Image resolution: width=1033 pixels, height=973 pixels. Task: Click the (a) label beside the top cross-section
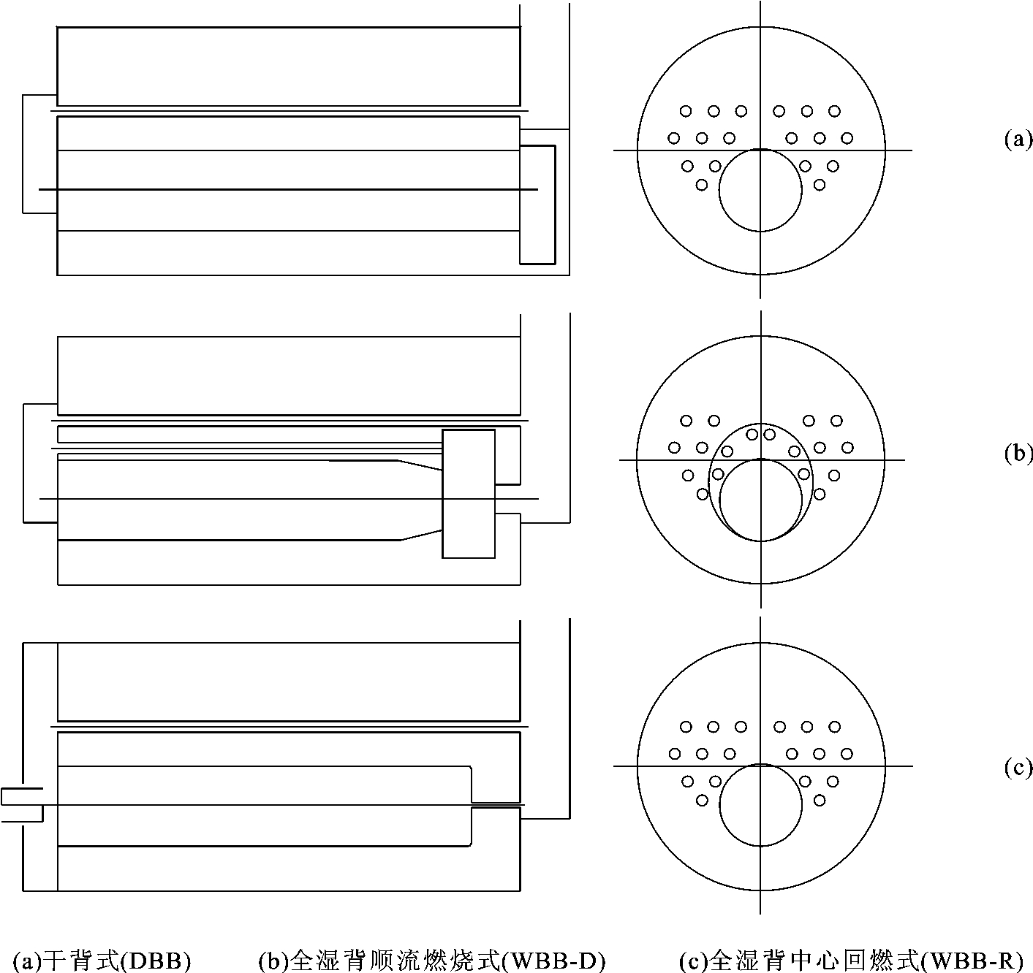(x=1018, y=140)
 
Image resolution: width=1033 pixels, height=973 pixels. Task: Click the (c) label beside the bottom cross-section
(x=1018, y=767)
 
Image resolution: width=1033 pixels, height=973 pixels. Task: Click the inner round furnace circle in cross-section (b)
(x=760, y=500)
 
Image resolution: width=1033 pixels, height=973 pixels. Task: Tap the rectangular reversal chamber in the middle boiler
(x=469, y=494)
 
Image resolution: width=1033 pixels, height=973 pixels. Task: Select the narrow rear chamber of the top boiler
(x=537, y=204)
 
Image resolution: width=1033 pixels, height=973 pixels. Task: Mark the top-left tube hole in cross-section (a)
(x=686, y=111)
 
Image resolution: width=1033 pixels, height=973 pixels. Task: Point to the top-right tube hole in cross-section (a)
(x=834, y=111)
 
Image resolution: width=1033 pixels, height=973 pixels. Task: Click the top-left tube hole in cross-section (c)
(x=686, y=727)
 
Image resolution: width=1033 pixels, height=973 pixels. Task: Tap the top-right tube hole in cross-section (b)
(x=836, y=421)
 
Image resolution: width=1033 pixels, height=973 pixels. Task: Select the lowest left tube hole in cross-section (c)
(x=702, y=800)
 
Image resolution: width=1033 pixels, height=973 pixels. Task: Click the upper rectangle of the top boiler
(x=289, y=66)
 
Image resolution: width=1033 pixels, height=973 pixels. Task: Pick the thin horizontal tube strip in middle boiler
(x=249, y=434)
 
